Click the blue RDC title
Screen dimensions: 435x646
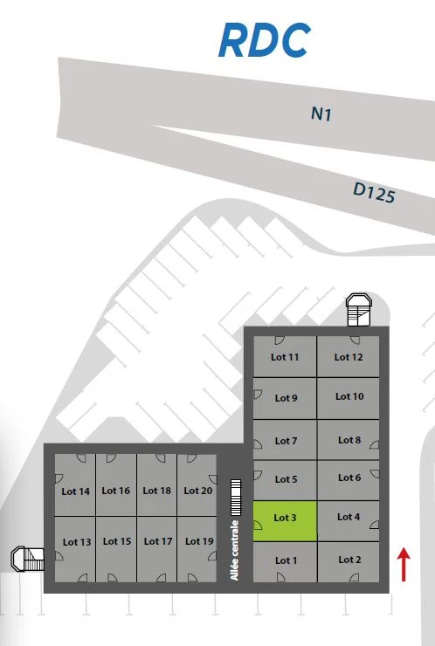(265, 40)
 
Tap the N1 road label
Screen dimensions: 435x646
(321, 114)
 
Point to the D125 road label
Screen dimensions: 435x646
(375, 193)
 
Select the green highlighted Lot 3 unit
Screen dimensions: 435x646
(285, 521)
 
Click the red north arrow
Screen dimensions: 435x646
(404, 564)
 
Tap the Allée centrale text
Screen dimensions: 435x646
(235, 551)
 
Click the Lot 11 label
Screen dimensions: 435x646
(285, 357)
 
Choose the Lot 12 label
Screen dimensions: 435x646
(349, 357)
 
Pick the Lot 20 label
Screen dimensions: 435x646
(198, 491)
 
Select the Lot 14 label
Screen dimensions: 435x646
(75, 491)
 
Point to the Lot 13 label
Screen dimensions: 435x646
(77, 542)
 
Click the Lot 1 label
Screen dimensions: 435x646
(287, 560)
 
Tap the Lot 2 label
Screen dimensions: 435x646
(349, 560)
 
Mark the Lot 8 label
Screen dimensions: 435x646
(349, 440)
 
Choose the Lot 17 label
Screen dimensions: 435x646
(158, 541)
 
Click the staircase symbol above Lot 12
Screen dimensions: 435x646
(359, 310)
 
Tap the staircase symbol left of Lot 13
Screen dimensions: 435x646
(28, 559)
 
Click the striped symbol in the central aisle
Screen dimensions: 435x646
(236, 498)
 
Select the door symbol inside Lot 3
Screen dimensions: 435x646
(258, 525)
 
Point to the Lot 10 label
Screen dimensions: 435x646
(349, 396)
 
